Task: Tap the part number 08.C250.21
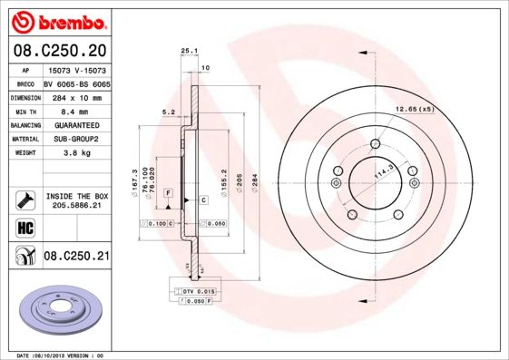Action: tap(76, 258)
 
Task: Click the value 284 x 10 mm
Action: tap(76, 97)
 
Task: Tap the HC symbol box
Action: tap(24, 226)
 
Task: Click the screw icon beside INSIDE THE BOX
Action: tap(24, 199)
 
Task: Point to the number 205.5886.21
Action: tap(77, 206)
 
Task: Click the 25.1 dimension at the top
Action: tap(189, 51)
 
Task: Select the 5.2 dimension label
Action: tap(167, 112)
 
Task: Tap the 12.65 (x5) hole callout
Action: tap(414, 110)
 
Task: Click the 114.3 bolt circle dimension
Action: tap(384, 171)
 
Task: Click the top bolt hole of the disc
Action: tap(375, 143)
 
